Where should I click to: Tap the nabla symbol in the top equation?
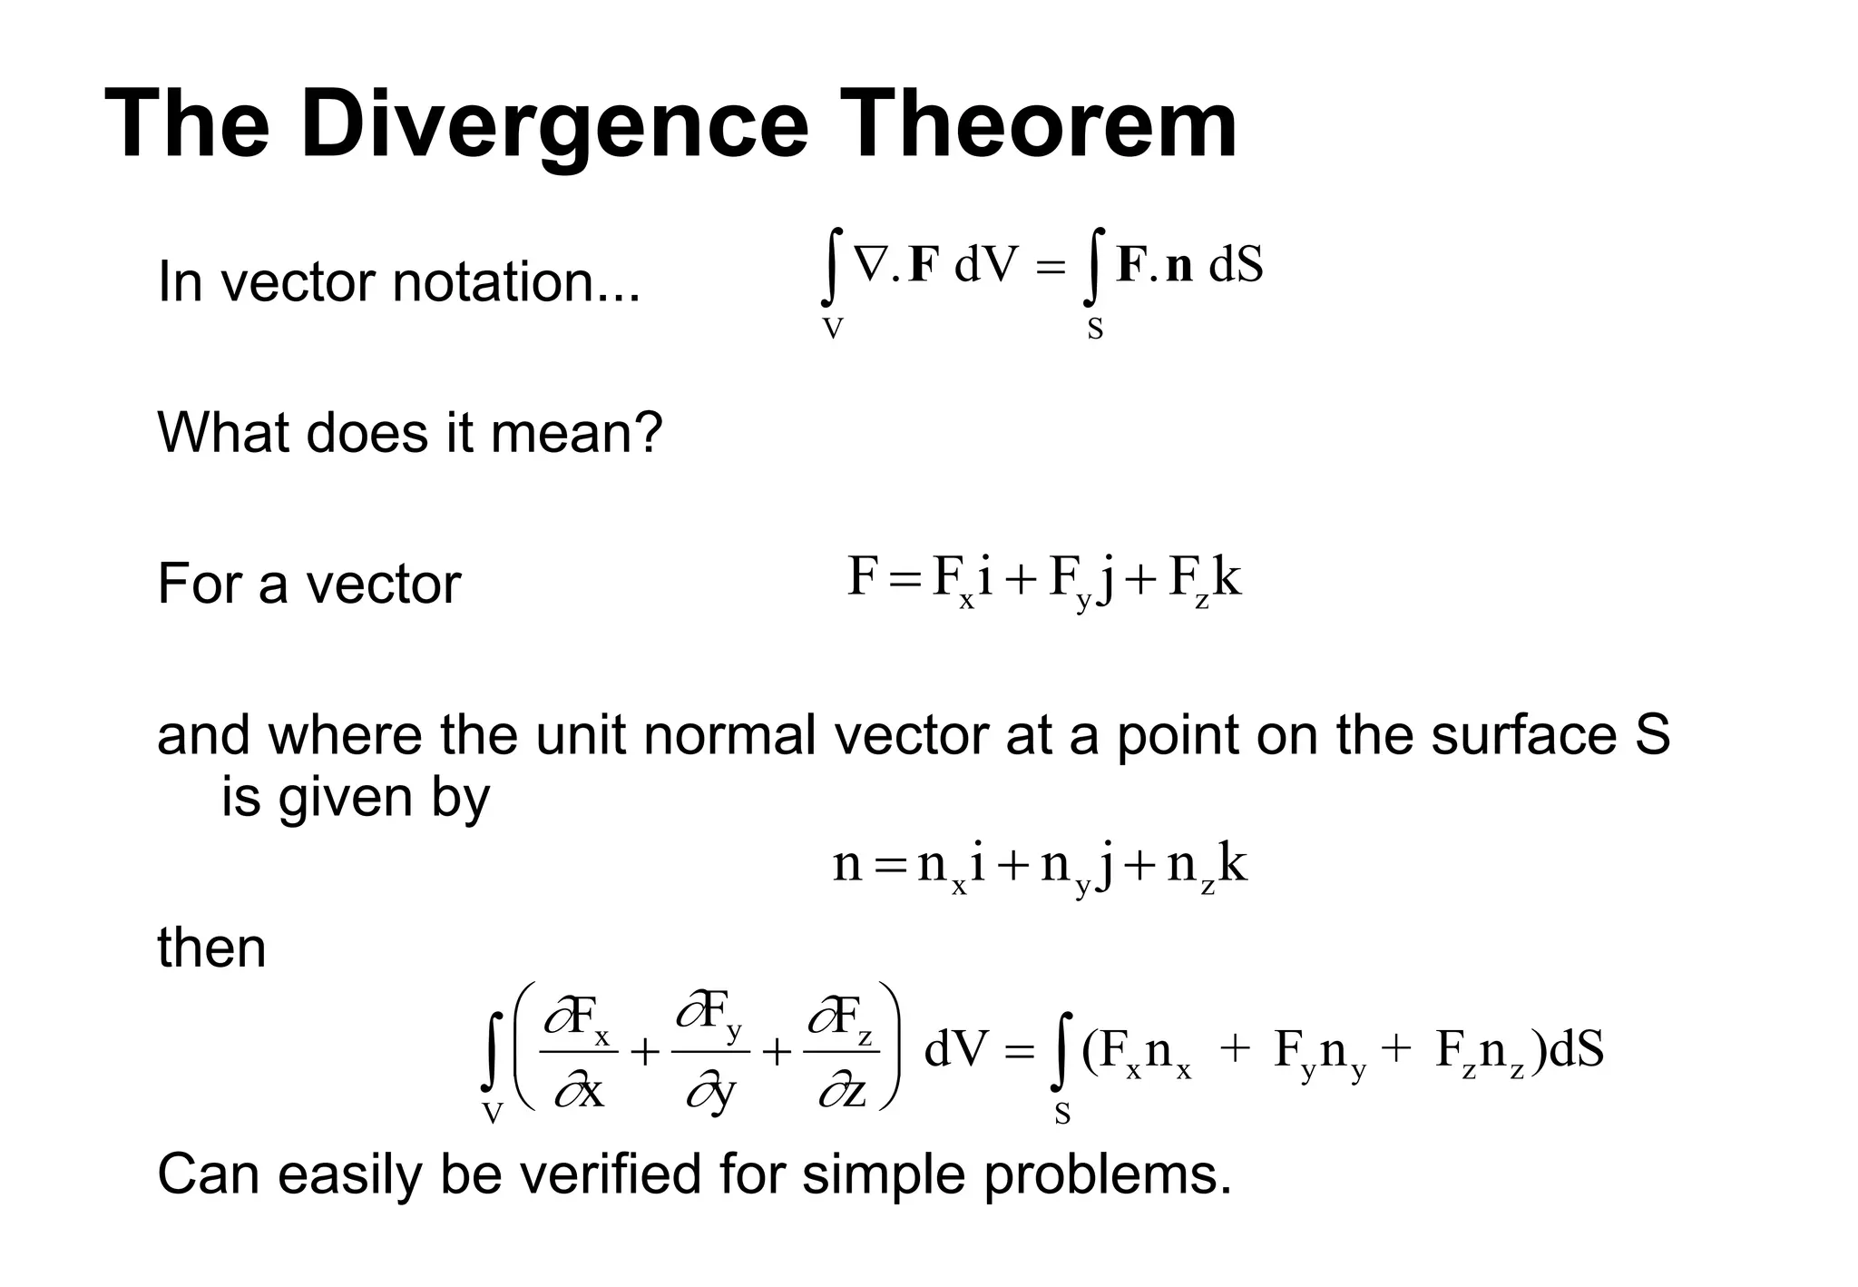872,265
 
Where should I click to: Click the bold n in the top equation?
1178,266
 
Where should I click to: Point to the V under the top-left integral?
832,329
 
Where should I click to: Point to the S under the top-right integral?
1095,329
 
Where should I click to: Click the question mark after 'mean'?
650,432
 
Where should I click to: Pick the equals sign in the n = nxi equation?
889,866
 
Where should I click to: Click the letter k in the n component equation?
1233,863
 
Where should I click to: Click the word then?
211,948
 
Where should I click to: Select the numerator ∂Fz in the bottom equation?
841,1020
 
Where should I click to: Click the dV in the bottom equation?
955,1050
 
